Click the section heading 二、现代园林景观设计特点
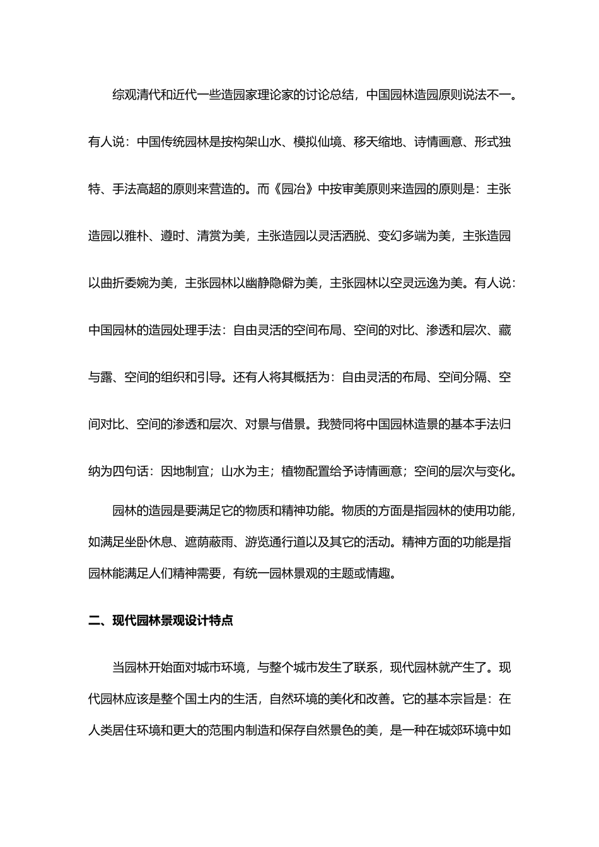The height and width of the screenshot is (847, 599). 161,620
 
